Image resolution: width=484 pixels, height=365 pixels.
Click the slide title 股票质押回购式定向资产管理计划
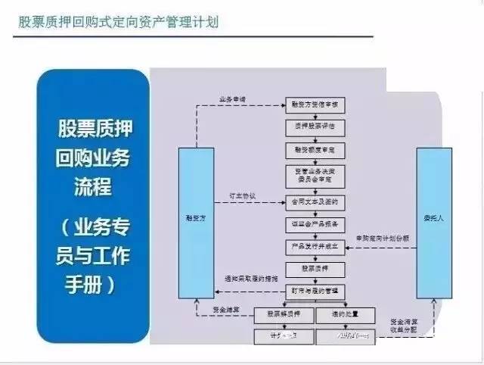tap(119, 22)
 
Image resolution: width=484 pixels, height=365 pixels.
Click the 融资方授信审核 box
tap(315, 106)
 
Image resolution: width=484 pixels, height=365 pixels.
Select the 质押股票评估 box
tap(315, 128)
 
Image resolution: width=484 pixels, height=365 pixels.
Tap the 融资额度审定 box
tap(315, 150)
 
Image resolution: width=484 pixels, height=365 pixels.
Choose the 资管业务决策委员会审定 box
tap(315, 176)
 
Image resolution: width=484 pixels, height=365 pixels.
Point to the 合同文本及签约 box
tap(315, 202)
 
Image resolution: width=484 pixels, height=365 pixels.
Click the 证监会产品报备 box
tap(315, 224)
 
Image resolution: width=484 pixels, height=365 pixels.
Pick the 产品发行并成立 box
tap(315, 247)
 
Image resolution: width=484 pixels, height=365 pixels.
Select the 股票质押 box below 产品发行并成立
tap(315, 269)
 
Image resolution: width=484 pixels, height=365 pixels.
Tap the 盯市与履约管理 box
tap(315, 291)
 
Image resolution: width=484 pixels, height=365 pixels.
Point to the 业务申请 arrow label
tap(232, 100)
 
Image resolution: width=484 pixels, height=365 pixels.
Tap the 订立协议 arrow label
tap(243, 196)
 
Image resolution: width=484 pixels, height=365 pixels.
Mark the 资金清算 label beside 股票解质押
tap(227, 309)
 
